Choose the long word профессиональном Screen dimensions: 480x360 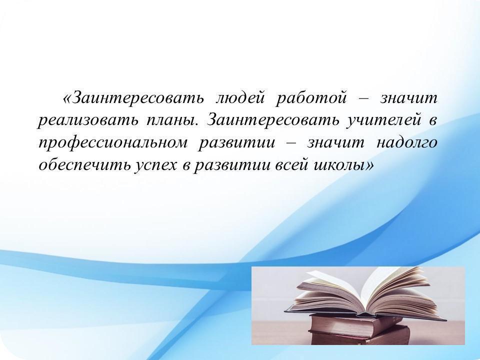[112, 143]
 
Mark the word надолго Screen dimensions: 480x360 [406, 143]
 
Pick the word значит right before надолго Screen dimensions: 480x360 [336, 143]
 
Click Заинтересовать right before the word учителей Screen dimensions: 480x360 [273, 120]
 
